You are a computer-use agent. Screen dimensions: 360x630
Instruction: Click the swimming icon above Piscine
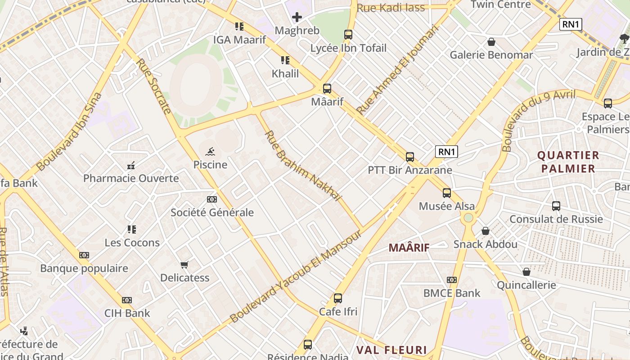(210, 152)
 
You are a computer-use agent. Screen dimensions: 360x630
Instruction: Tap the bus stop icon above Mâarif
(327, 89)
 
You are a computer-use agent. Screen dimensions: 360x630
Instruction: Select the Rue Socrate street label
(154, 86)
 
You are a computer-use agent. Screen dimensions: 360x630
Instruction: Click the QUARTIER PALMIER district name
(568, 162)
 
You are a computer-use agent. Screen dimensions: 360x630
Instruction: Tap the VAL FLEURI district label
(391, 350)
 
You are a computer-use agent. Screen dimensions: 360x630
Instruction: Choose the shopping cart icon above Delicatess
(184, 265)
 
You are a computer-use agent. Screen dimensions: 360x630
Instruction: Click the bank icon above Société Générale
(211, 199)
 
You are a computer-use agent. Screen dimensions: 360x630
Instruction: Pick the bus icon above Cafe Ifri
(338, 298)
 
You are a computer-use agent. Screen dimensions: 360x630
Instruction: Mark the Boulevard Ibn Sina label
(70, 131)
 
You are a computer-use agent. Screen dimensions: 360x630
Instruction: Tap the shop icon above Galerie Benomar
(491, 42)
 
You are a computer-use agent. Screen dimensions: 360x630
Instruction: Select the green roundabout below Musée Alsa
(468, 218)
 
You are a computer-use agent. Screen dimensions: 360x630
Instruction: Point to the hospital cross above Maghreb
(297, 18)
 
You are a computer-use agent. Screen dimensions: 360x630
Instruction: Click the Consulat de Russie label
(556, 219)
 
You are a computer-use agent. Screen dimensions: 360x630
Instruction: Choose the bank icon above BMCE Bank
(452, 280)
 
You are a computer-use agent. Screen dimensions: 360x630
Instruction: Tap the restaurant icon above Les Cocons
(131, 229)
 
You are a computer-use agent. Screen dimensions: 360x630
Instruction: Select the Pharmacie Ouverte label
(131, 178)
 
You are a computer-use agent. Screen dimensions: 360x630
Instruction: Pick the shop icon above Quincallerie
(526, 272)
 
